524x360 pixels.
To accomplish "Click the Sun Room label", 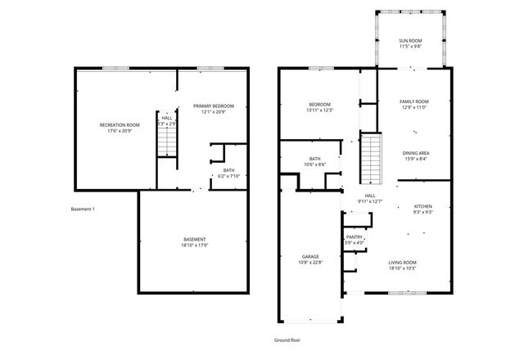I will (x=410, y=41).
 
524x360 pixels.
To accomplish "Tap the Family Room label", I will (x=414, y=101).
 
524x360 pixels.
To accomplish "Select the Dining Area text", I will (x=416, y=153).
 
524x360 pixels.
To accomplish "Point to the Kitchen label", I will (x=422, y=206).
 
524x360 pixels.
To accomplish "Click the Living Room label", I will (x=402, y=262).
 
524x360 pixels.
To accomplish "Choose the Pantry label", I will (x=354, y=236).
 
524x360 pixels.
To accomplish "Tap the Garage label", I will (x=309, y=257).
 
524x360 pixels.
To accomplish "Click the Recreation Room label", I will (x=120, y=124).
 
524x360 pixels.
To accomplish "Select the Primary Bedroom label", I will (x=213, y=106).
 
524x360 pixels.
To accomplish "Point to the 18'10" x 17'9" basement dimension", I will (x=194, y=245).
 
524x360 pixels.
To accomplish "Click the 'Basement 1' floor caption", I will (x=83, y=209).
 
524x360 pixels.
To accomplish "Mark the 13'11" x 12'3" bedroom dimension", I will (x=320, y=110).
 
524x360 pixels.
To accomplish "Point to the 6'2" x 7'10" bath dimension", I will (x=227, y=176).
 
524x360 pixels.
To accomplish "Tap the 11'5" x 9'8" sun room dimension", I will (x=410, y=47).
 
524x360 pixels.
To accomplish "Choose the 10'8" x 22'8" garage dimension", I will (x=309, y=263).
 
